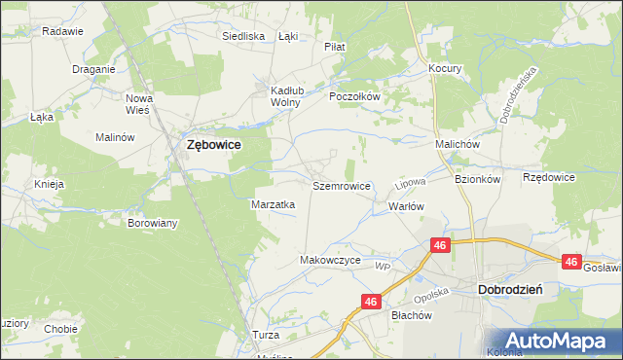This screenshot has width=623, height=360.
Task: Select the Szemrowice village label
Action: coord(341,185)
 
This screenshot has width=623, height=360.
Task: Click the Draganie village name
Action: coord(94,69)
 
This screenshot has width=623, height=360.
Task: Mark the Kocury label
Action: coord(445,69)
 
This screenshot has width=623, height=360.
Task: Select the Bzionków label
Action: coord(477,179)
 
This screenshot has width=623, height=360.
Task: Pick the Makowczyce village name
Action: coord(330,261)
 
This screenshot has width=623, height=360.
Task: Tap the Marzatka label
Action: coord(274,204)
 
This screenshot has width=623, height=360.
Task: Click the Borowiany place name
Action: coord(153,223)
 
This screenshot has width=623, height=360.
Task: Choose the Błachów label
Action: coord(410,315)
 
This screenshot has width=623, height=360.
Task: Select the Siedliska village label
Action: coord(243,36)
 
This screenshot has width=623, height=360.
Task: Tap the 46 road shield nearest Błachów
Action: coord(370,303)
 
